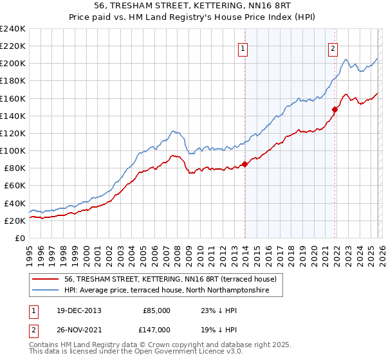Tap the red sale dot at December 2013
tap(244, 164)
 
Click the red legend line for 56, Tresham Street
tap(47, 279)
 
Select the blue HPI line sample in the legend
tap(47, 291)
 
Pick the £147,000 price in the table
tap(156, 328)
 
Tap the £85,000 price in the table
tap(156, 310)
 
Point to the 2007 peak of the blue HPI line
tap(173, 131)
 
